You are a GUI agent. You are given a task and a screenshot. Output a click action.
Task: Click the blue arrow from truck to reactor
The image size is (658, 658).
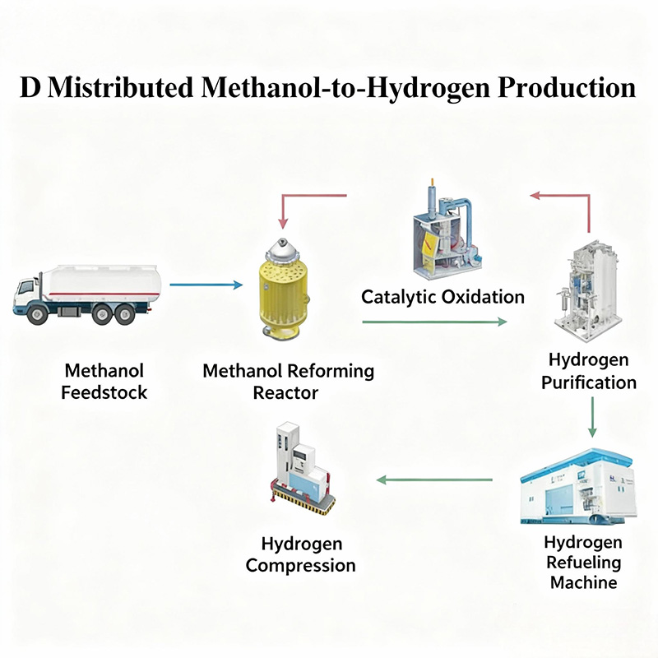(206, 285)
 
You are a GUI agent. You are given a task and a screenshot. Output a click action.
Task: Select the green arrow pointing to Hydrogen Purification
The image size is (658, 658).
(434, 322)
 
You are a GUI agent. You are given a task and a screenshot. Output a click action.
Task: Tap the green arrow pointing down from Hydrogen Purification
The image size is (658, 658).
(591, 417)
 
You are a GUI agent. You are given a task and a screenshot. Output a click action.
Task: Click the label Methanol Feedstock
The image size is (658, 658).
(104, 382)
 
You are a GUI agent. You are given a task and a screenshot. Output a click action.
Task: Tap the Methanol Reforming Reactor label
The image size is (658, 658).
(288, 382)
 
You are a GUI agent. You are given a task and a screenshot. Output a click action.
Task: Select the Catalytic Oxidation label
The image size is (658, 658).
(443, 296)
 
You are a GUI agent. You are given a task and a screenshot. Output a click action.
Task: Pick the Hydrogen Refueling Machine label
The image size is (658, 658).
(582, 563)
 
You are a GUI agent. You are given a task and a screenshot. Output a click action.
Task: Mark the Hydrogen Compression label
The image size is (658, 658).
(301, 554)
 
